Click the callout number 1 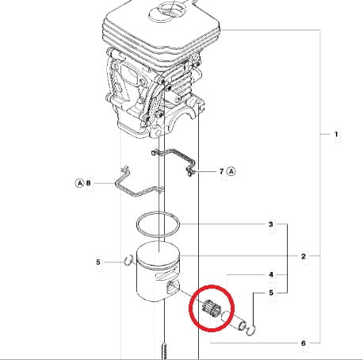(336, 134)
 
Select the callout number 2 (304, 256)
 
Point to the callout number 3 (271, 224)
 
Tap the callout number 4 (271, 274)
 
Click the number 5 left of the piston (98, 262)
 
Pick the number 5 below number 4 (271, 293)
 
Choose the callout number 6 (304, 343)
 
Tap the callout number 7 (222, 171)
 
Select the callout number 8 (88, 183)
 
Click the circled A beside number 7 (231, 171)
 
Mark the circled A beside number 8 (79, 183)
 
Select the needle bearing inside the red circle (208, 308)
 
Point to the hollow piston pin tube (234, 320)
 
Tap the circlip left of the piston (129, 260)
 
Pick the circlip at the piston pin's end (251, 331)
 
